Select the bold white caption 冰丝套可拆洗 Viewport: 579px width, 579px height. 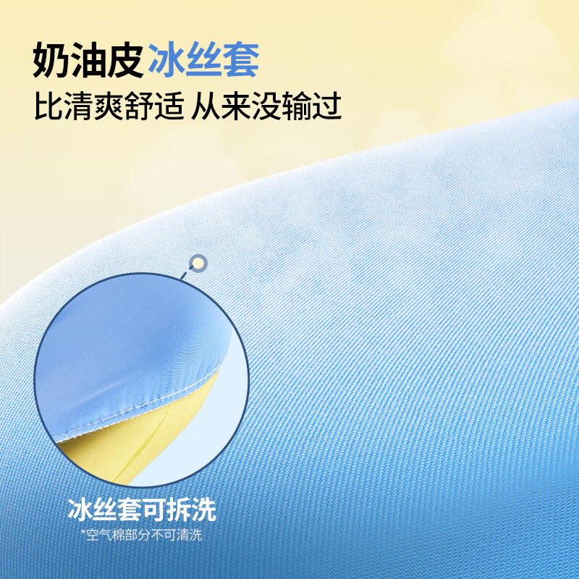coord(142,510)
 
